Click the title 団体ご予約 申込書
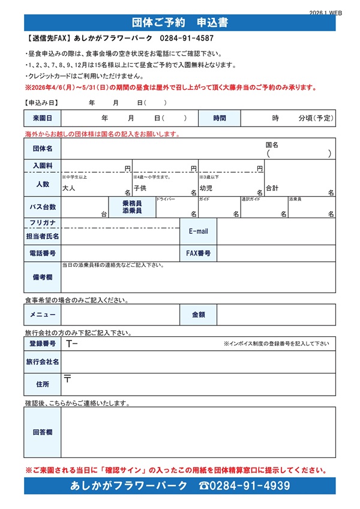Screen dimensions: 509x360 click(180, 23)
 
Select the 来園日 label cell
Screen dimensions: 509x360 click(43, 118)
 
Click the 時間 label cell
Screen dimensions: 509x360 click(220, 118)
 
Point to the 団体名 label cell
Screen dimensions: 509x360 click(43, 148)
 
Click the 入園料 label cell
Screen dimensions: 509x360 click(43, 165)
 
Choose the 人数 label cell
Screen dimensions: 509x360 click(43, 184)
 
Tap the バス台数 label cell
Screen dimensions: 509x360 click(43, 207)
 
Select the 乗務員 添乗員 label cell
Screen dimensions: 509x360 click(132, 207)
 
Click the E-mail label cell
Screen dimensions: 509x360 click(198, 231)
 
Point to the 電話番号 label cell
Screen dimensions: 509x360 click(43, 253)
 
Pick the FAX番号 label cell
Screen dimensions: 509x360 click(198, 253)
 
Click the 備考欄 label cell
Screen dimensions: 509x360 click(43, 277)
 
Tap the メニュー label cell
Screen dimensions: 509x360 click(43, 314)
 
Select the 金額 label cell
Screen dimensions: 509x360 click(198, 314)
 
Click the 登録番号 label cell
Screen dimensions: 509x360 click(43, 344)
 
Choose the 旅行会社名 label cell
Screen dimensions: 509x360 click(43, 362)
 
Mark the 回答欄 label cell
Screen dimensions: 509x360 click(43, 432)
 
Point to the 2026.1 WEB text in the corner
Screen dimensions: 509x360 click(326, 12)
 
